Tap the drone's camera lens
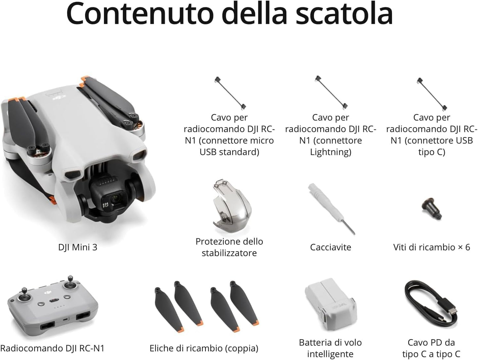[x=115, y=199]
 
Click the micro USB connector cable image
[x=230, y=93]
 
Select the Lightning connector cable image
[x=331, y=93]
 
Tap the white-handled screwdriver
[x=330, y=208]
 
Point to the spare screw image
[x=431, y=208]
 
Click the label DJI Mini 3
[x=77, y=247]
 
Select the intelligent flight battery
[x=330, y=304]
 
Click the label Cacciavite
[x=330, y=247]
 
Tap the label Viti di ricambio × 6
[x=431, y=247]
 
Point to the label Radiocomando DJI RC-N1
[x=52, y=348]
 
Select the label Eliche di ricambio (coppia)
[x=204, y=348]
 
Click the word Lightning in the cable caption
[x=330, y=152]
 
